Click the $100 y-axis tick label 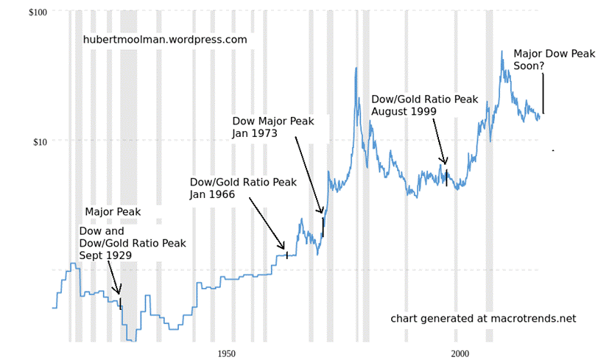pos(38,13)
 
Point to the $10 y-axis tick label pos(41,141)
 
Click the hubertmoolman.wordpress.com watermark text pos(165,40)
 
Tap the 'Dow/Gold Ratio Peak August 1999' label pos(424,105)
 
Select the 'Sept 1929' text pos(105,255)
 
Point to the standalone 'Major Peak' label pos(113,212)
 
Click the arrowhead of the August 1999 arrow pos(445,162)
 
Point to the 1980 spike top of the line pos(356,68)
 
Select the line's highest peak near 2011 pos(503,52)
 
